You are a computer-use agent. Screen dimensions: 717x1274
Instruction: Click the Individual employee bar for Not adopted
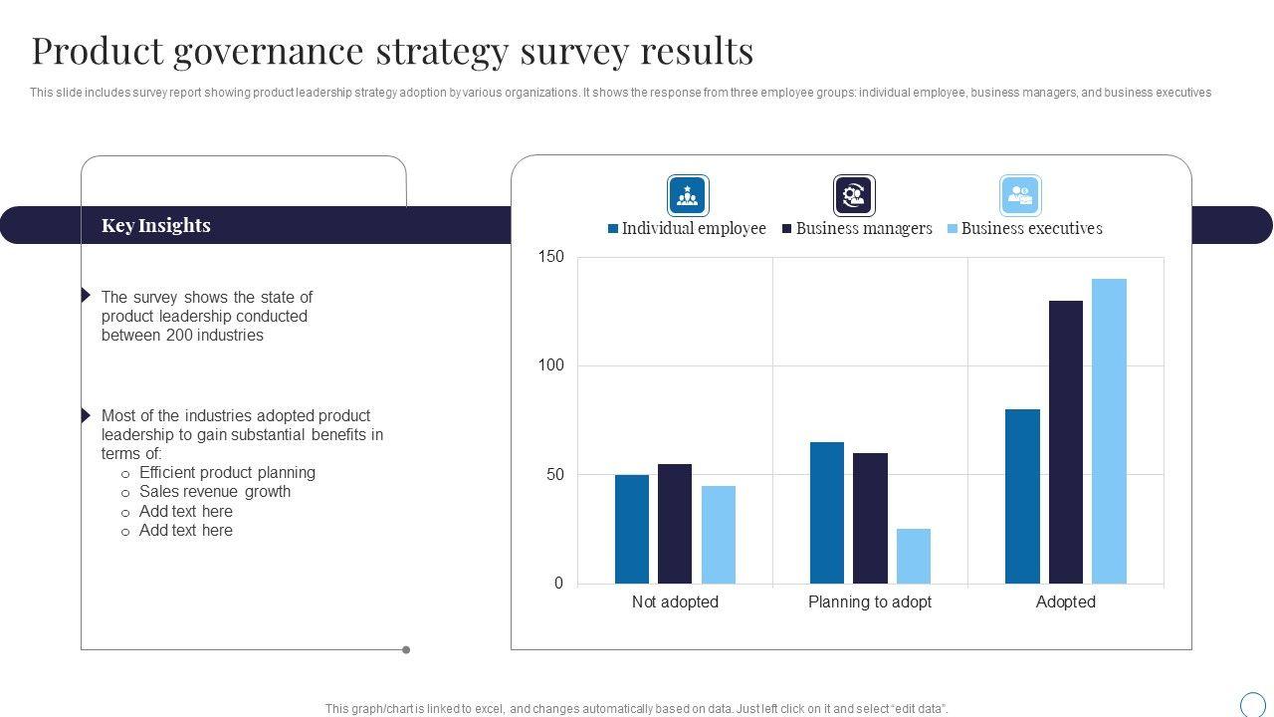(632, 529)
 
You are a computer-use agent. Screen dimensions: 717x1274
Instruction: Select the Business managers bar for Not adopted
(675, 524)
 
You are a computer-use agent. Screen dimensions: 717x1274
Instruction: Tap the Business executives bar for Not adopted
(719, 535)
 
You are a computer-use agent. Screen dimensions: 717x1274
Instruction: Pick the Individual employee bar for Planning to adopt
(827, 513)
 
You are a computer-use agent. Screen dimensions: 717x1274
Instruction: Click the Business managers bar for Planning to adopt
(870, 518)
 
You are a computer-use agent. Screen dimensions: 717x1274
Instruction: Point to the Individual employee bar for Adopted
(1022, 496)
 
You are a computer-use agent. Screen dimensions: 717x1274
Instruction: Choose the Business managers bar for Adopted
(1065, 442)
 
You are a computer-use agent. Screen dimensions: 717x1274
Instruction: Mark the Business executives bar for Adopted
(1109, 431)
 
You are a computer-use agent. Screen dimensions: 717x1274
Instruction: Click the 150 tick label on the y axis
(551, 257)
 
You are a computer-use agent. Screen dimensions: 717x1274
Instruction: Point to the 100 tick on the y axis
(551, 365)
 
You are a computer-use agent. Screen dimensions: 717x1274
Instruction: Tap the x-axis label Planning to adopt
(870, 601)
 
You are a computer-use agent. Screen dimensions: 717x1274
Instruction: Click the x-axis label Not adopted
(675, 601)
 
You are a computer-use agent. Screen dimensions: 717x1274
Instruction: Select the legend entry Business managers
(863, 228)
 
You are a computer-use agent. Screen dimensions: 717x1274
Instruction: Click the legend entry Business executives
(1031, 228)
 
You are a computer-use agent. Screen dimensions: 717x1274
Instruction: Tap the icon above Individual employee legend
(688, 195)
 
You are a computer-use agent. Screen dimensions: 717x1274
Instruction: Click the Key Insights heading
(156, 225)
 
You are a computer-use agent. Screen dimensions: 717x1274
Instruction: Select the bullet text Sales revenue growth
(215, 491)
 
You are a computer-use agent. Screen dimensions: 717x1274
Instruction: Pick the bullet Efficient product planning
(227, 472)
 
